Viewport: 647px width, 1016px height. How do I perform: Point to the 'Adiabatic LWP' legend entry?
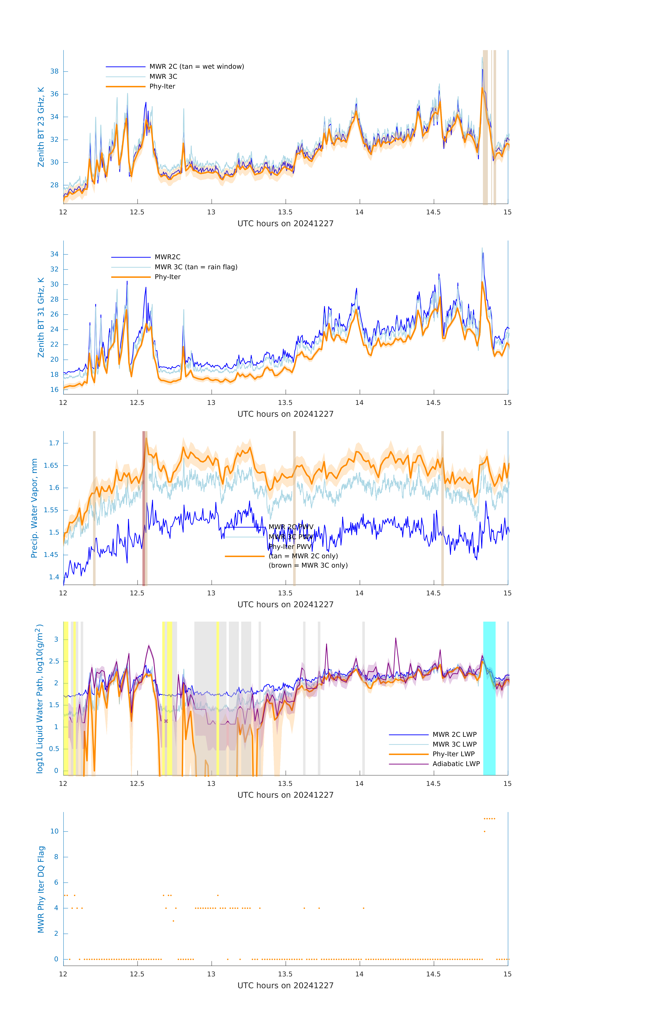pyautogui.click(x=456, y=764)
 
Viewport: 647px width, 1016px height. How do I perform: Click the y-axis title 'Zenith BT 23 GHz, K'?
pyautogui.click(x=41, y=127)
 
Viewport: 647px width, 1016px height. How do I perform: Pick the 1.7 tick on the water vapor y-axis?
pyautogui.click(x=54, y=443)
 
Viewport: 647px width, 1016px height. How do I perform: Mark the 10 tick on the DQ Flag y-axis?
pyautogui.click(x=54, y=831)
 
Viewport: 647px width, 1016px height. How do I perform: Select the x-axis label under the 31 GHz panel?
pyautogui.click(x=285, y=414)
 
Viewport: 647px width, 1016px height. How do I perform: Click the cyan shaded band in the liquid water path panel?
pyautogui.click(x=489, y=698)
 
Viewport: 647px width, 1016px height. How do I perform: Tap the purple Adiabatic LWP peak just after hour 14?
pyautogui.click(x=395, y=639)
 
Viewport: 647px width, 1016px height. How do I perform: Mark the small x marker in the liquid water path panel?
pyautogui.click(x=166, y=721)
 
